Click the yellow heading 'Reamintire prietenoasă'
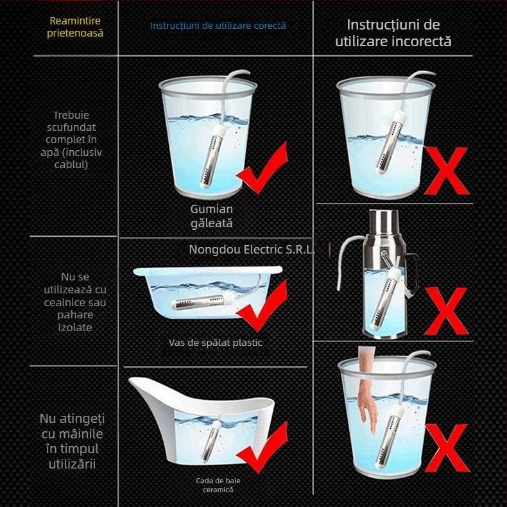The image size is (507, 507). point(75,27)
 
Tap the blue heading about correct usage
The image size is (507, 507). point(218,26)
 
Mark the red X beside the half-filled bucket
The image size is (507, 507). point(446,171)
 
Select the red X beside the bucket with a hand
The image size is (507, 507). point(447,448)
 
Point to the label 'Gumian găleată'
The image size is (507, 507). point(212,216)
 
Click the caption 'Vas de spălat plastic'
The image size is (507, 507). point(216,343)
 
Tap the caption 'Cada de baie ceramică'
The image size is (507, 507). point(218,485)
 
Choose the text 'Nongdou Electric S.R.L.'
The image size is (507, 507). point(252,249)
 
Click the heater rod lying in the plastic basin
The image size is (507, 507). point(202,302)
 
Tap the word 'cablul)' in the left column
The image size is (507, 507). point(71,164)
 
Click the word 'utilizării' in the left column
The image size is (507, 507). point(72,464)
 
